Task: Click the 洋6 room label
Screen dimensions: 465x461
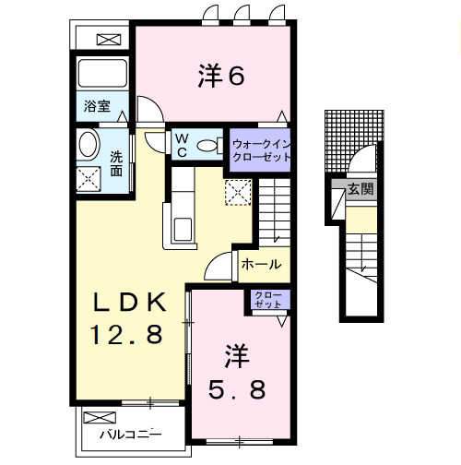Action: (x=219, y=77)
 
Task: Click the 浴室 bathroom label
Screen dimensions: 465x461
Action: (x=97, y=107)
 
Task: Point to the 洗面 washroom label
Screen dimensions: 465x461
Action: (x=116, y=163)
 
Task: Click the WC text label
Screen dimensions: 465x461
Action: (x=182, y=145)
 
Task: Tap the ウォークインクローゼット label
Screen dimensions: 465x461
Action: (x=262, y=150)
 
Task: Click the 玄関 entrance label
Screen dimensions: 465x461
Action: (x=361, y=190)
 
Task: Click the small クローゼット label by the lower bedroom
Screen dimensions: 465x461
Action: (x=268, y=299)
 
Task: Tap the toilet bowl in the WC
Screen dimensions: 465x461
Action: (x=208, y=146)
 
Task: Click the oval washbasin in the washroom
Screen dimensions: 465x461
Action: (x=88, y=145)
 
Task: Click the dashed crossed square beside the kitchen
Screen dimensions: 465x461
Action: (x=238, y=192)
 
